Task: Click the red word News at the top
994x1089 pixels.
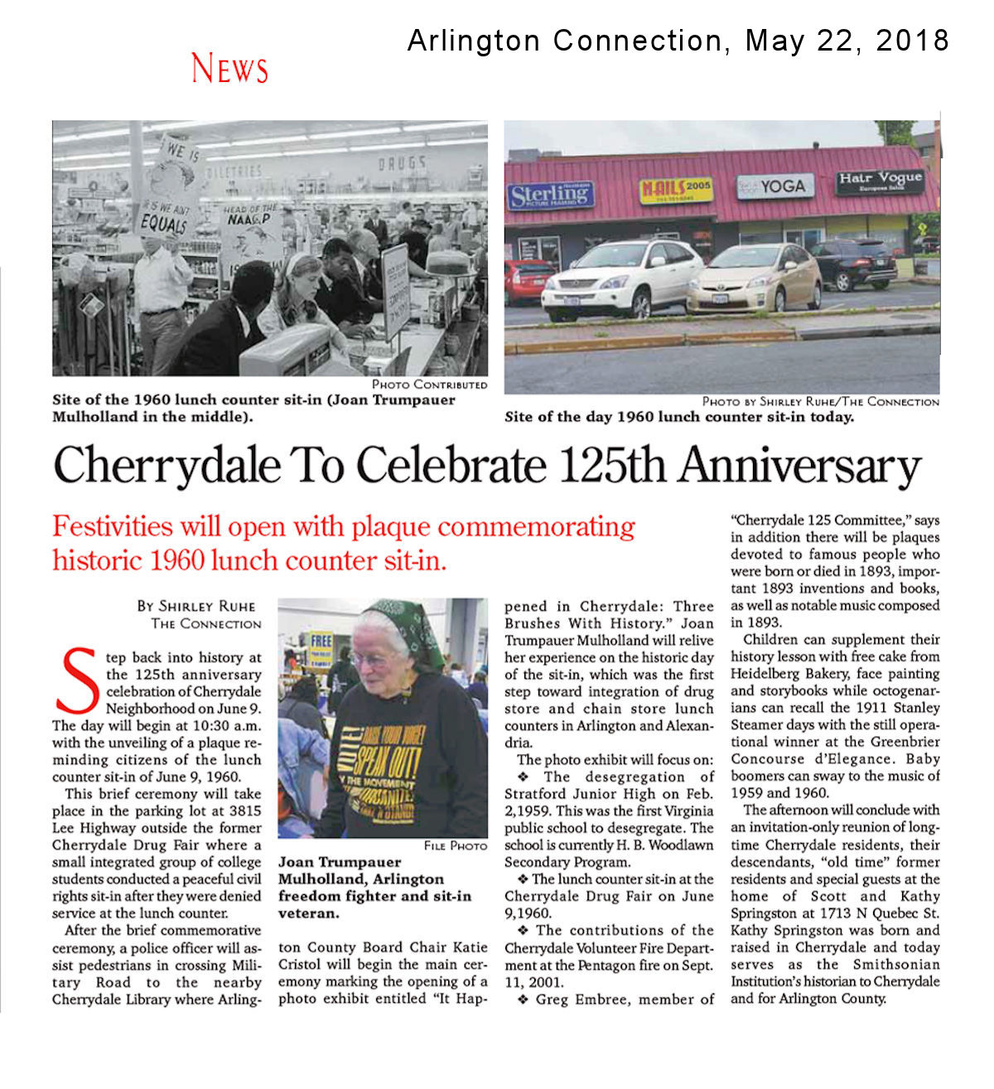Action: pyautogui.click(x=229, y=68)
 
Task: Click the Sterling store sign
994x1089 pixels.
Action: pyautogui.click(x=550, y=196)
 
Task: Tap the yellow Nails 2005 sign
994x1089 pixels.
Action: pyautogui.click(x=675, y=191)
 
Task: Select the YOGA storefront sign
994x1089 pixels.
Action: pyautogui.click(x=775, y=186)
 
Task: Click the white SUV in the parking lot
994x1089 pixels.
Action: pyautogui.click(x=621, y=278)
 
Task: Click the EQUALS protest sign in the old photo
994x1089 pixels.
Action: pyautogui.click(x=164, y=221)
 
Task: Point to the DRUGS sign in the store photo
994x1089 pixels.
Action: pyautogui.click(x=403, y=163)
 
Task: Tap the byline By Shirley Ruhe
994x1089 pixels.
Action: pyautogui.click(x=196, y=606)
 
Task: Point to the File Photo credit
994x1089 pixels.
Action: pyautogui.click(x=455, y=845)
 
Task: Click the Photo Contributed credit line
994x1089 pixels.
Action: pyautogui.click(x=429, y=385)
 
